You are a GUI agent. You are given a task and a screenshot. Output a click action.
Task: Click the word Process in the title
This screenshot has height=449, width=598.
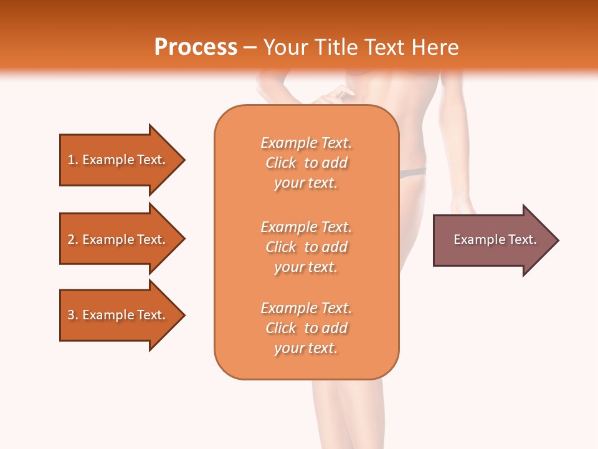[x=196, y=47]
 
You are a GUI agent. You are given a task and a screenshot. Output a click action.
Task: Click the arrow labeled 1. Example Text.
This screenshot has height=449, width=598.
[x=116, y=160]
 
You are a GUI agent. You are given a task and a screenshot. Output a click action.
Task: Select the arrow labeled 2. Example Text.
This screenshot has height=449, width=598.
[x=116, y=239]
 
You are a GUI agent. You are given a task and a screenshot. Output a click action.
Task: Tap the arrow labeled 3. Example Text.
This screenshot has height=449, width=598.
[x=116, y=315]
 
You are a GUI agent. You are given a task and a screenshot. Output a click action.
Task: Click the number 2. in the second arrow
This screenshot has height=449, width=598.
[x=73, y=239]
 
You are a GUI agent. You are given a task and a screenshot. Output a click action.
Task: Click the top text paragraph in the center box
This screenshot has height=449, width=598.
[x=306, y=163]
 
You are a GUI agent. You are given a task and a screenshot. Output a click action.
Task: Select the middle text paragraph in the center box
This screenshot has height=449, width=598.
[x=306, y=247]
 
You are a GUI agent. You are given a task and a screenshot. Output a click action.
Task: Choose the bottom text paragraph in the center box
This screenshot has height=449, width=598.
[x=306, y=328]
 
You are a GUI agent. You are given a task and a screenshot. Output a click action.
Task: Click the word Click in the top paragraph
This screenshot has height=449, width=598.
[x=281, y=163]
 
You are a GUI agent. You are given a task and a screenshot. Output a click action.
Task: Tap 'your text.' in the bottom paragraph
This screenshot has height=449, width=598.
[x=306, y=348]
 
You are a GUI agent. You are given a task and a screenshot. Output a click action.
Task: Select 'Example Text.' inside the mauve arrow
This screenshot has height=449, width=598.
[x=495, y=239]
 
